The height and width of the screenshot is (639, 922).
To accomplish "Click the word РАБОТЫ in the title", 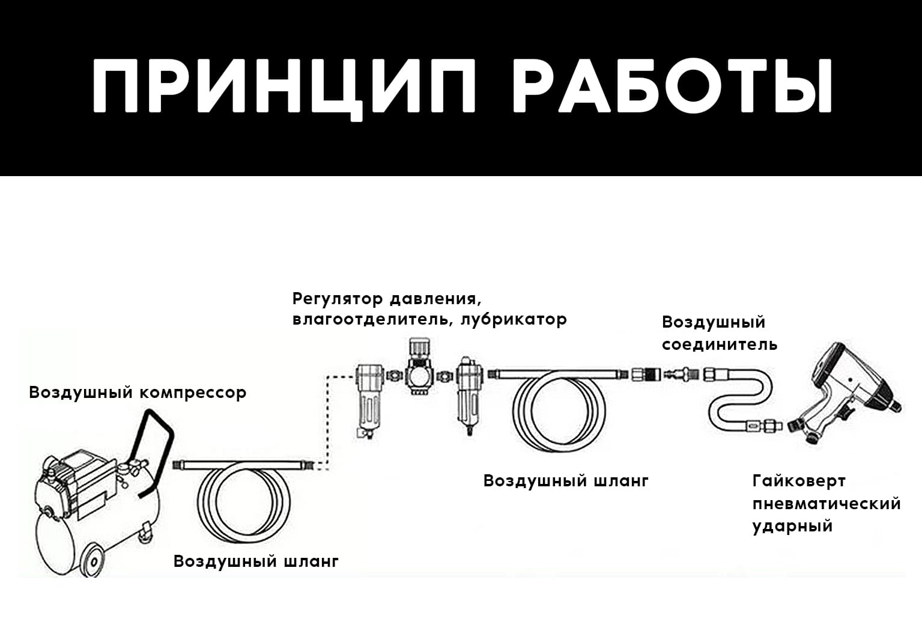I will (x=673, y=86).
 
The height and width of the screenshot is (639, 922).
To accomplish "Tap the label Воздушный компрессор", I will (x=138, y=393).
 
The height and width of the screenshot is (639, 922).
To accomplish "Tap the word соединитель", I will (x=719, y=344).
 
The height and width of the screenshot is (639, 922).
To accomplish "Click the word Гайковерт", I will (x=799, y=481).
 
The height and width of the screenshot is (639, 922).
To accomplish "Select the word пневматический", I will (x=826, y=504).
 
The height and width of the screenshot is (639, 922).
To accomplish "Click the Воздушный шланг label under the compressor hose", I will (x=256, y=561).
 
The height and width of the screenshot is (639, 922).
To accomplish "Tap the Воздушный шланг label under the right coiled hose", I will (x=566, y=481).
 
